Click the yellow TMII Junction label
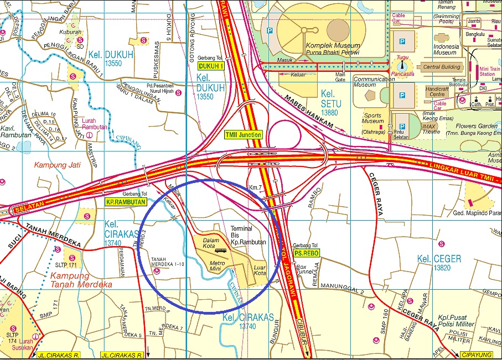tap(243, 134)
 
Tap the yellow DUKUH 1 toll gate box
tap(210, 66)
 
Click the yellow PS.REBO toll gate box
tap(305, 253)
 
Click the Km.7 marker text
tap(255, 187)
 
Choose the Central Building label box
tap(441, 67)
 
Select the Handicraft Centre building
tap(437, 91)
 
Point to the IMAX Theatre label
tap(431, 128)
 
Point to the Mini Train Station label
tap(487, 70)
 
